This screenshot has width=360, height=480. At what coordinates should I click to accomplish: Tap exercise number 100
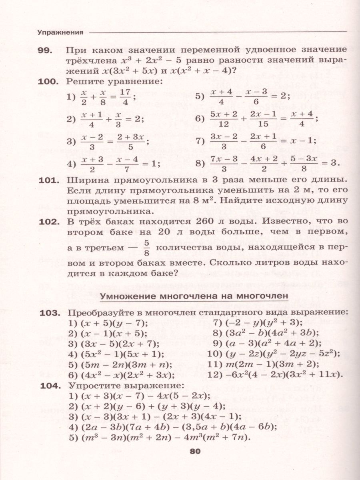pos(50,81)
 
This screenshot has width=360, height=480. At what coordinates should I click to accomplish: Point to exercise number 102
pos(50,221)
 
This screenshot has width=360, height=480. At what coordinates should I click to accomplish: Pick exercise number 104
pos(50,386)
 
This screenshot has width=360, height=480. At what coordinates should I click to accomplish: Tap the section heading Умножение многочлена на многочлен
pos(194,296)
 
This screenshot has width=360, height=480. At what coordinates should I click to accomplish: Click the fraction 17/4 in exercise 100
pos(126,96)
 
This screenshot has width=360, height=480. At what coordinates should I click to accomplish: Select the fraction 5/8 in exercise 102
pos(146,248)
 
